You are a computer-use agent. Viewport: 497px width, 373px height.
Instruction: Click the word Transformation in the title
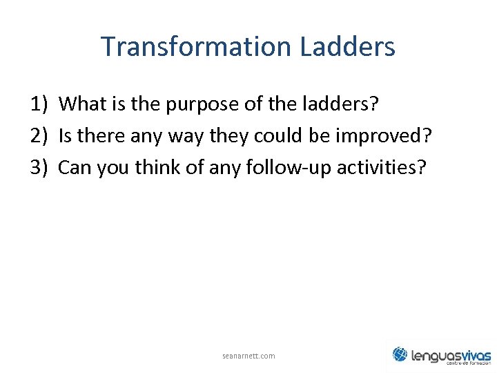[x=197, y=47]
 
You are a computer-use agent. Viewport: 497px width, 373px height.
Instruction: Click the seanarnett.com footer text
[x=248, y=356]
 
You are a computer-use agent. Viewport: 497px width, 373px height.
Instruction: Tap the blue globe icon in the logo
[x=400, y=354]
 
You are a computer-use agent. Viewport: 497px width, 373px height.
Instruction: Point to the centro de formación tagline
[x=469, y=363]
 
